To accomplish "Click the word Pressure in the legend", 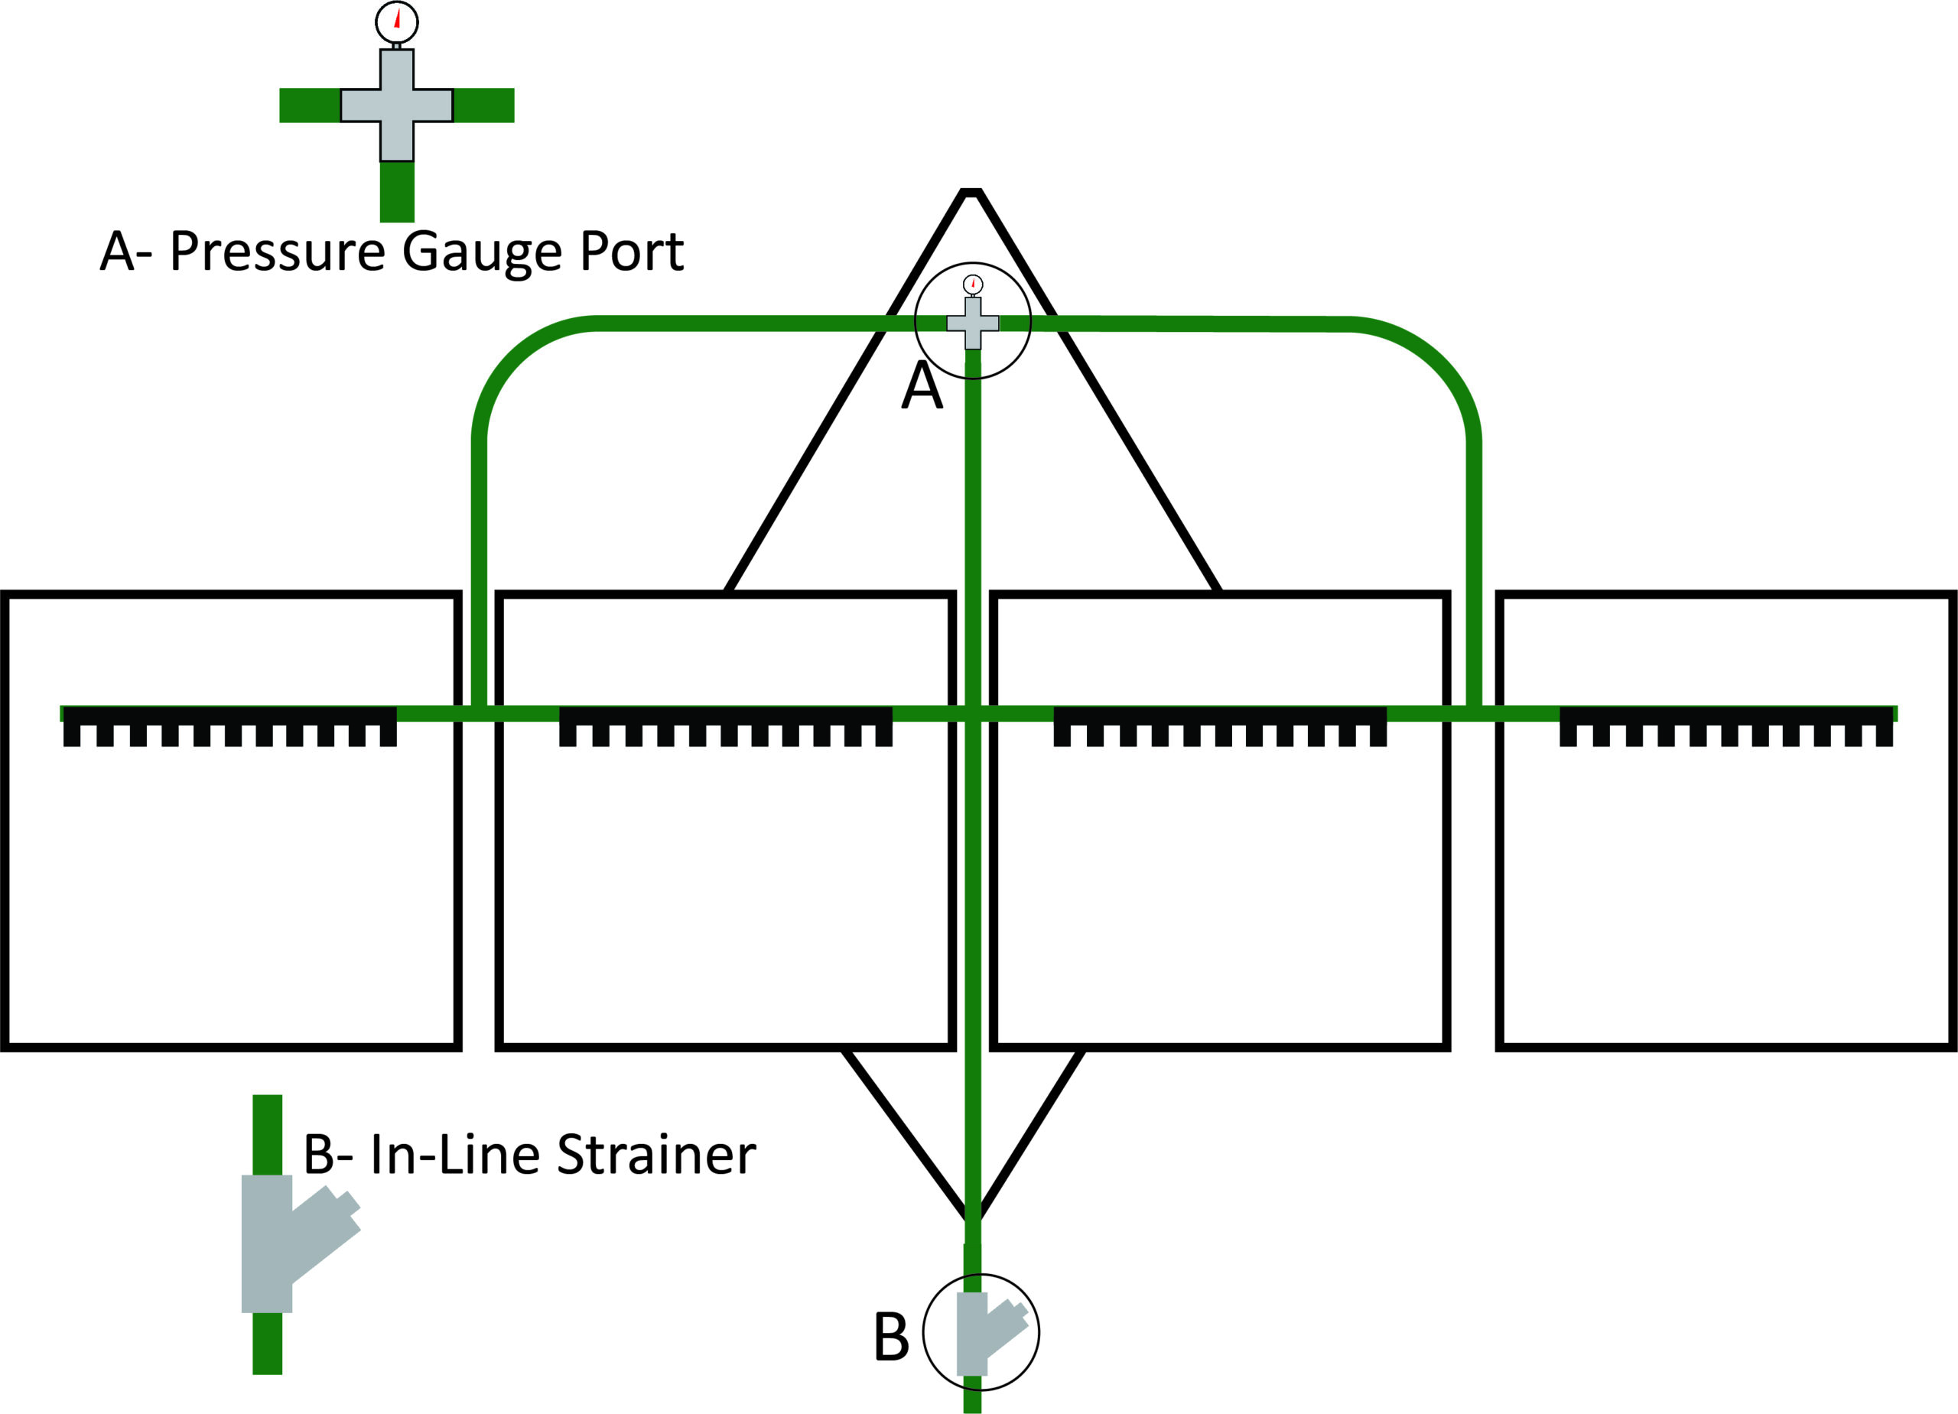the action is coord(277,252).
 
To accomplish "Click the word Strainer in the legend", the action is coord(656,1154).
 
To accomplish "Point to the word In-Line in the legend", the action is coord(455,1154).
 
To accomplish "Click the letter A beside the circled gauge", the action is coord(922,385).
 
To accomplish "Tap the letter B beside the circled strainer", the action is coord(892,1336).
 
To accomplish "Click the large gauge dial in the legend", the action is coord(397,22).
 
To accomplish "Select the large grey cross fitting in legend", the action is coord(397,106).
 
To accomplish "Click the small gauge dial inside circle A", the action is coord(973,284).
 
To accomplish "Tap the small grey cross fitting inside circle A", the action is coord(973,323).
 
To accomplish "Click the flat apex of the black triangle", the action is coord(971,192).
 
